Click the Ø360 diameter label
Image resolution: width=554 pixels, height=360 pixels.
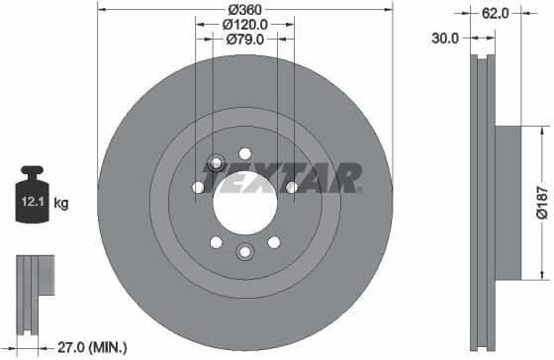point(244,9)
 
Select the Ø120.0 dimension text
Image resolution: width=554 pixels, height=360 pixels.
point(244,24)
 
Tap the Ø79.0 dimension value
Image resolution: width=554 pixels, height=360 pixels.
point(244,40)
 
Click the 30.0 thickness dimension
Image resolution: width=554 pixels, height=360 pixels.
point(446,39)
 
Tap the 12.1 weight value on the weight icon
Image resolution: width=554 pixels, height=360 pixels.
point(32,204)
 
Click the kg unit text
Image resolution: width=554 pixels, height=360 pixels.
point(61,205)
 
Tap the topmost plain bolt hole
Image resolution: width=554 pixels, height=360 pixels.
point(244,152)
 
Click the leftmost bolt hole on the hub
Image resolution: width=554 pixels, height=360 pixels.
point(198,187)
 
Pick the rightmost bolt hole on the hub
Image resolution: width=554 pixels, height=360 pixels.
point(292,187)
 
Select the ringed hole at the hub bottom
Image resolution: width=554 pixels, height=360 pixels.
point(244,251)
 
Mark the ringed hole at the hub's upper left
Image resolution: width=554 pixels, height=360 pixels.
point(218,163)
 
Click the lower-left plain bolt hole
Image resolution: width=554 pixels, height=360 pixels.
point(217,241)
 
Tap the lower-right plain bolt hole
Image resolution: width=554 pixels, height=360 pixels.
point(273,241)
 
